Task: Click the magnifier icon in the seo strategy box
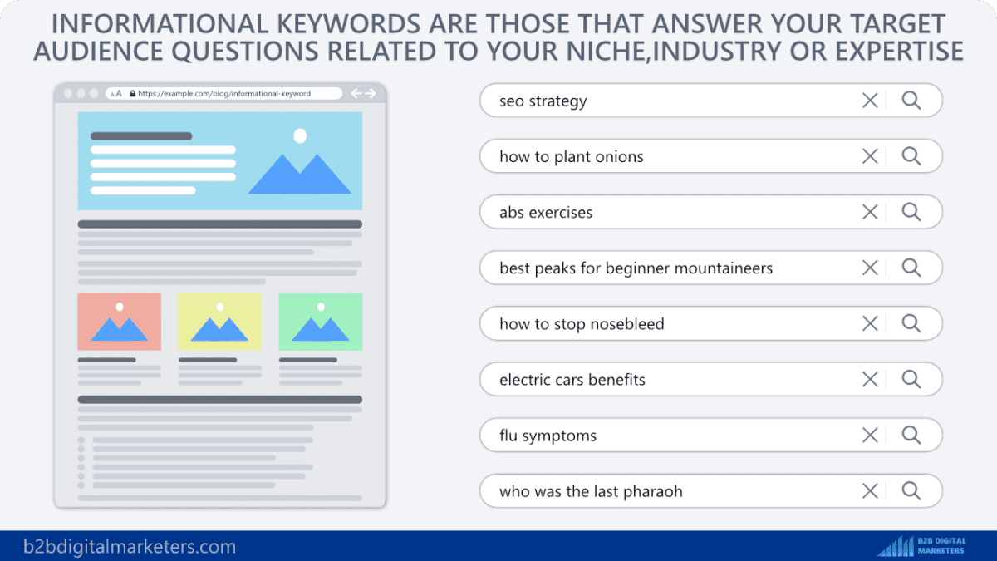[911, 101]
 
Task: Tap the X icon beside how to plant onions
[870, 156]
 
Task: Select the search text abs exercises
[546, 213]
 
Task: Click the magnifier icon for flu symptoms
[911, 435]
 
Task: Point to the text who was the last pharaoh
[591, 491]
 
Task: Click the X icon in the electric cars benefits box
[870, 379]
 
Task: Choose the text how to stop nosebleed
[582, 324]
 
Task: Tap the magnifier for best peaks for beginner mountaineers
[911, 268]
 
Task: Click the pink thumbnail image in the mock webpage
[119, 321]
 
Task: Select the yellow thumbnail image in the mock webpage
[219, 321]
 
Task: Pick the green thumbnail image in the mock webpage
[320, 321]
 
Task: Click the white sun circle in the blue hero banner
[300, 135]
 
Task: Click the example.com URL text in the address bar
[224, 94]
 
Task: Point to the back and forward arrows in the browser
[363, 94]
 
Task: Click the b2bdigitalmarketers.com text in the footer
[129, 547]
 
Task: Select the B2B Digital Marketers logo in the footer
[922, 546]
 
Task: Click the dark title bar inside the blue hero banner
[140, 136]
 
